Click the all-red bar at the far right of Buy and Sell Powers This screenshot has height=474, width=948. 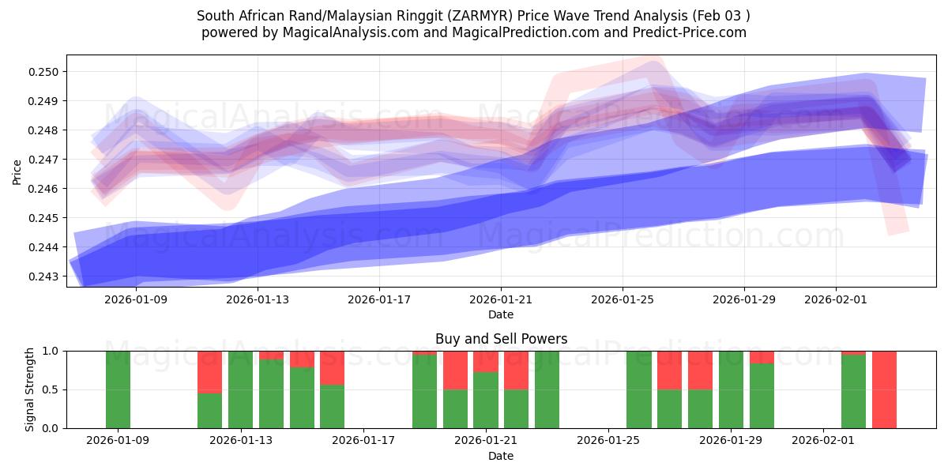pyautogui.click(x=884, y=389)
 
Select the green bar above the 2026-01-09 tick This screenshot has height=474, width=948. pyautogui.click(x=118, y=389)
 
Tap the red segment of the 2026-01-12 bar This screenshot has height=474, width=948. pyautogui.click(x=209, y=371)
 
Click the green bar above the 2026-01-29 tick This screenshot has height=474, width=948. pyautogui.click(x=731, y=389)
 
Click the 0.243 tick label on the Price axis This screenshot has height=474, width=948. pyautogui.click(x=44, y=276)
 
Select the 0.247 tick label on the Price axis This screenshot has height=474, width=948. pyautogui.click(x=44, y=160)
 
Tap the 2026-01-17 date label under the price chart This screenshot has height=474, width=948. pyautogui.click(x=379, y=300)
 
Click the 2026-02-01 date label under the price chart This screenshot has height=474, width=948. pyautogui.click(x=836, y=300)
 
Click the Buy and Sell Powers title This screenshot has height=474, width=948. pyautogui.click(x=501, y=339)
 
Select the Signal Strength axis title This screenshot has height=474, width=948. pyautogui.click(x=30, y=389)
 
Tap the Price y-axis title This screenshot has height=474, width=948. pyautogui.click(x=17, y=171)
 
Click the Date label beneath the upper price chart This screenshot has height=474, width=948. pyautogui.click(x=501, y=314)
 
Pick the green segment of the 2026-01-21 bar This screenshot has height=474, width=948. pyautogui.click(x=486, y=400)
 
